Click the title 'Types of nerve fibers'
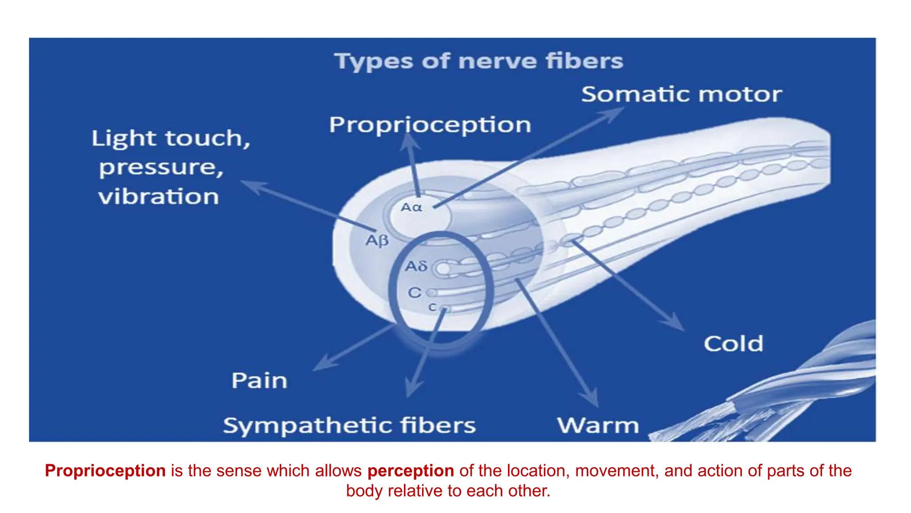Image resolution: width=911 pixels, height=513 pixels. pyautogui.click(x=479, y=61)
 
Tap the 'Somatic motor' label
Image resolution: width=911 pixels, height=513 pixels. pyautogui.click(x=681, y=94)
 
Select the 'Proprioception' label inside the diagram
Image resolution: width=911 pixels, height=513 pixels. pyautogui.click(x=430, y=125)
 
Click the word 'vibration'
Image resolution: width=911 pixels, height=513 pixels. pyautogui.click(x=158, y=197)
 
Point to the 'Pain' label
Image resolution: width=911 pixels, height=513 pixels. pyautogui.click(x=259, y=381)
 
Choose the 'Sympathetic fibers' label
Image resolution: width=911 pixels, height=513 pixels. pyautogui.click(x=349, y=426)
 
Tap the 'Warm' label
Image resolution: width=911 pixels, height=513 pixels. pyautogui.click(x=598, y=426)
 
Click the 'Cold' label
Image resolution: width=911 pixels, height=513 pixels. pyautogui.click(x=733, y=344)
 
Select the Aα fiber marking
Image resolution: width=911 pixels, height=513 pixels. pyautogui.click(x=411, y=208)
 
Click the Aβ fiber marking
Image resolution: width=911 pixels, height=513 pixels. pyautogui.click(x=377, y=241)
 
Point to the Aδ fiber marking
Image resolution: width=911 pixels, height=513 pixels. pyautogui.click(x=416, y=266)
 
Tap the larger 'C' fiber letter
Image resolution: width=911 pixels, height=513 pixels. pyautogui.click(x=415, y=293)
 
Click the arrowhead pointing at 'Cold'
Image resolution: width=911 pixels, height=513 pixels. pyautogui.click(x=676, y=323)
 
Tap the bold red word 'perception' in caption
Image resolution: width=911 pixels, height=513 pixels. pyautogui.click(x=411, y=471)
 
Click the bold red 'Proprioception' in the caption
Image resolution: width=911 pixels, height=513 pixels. pyautogui.click(x=105, y=471)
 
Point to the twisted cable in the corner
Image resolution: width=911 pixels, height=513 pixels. pyautogui.click(x=801, y=392)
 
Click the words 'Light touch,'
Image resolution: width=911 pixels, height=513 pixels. pyautogui.click(x=171, y=138)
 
